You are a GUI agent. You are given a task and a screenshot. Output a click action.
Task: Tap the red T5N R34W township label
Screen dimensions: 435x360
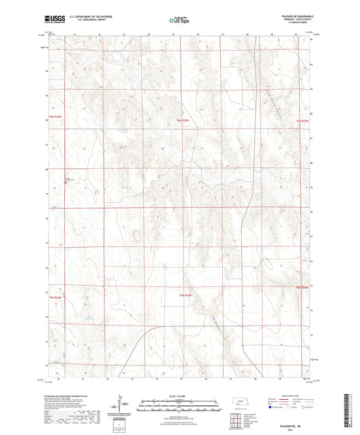click(55, 296)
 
